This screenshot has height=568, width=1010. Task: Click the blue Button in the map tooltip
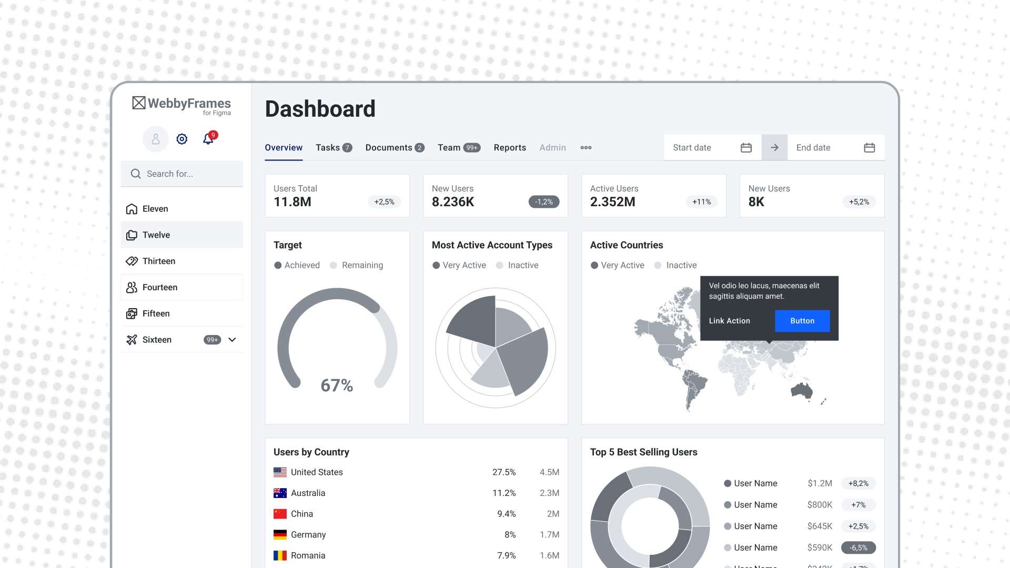pyautogui.click(x=802, y=321)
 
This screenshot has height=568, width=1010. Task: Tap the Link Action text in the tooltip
pyautogui.click(x=729, y=321)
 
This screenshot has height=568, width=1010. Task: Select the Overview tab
pyautogui.click(x=284, y=148)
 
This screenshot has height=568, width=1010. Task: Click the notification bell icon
pyautogui.click(x=209, y=138)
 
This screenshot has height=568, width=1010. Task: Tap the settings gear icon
pyautogui.click(x=182, y=139)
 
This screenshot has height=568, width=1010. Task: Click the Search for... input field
pyautogui.click(x=182, y=174)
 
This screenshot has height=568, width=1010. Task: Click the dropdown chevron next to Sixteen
pyautogui.click(x=232, y=340)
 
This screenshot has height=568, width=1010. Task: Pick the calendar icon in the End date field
pyautogui.click(x=870, y=148)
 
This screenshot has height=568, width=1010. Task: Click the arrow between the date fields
pyautogui.click(x=774, y=148)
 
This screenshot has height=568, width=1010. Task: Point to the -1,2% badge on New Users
pyautogui.click(x=544, y=202)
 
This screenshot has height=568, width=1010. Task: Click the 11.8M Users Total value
pyautogui.click(x=292, y=202)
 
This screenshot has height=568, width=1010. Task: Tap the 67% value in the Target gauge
pyautogui.click(x=337, y=386)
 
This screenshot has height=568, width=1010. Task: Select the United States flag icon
pyautogui.click(x=280, y=472)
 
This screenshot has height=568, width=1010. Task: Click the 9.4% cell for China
pyautogui.click(x=507, y=514)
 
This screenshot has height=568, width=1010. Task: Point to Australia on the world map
pyautogui.click(x=802, y=390)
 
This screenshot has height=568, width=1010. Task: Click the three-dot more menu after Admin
pyautogui.click(x=586, y=148)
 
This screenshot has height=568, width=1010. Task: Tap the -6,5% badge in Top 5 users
pyautogui.click(x=858, y=547)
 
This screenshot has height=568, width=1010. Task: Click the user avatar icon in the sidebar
pyautogui.click(x=156, y=139)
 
